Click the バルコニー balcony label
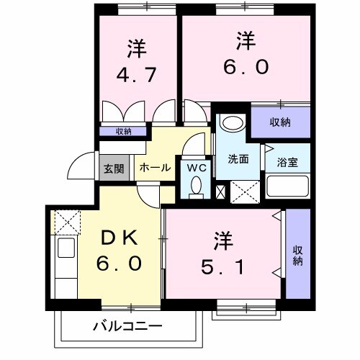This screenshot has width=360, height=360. [127, 326]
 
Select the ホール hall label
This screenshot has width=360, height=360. [154, 168]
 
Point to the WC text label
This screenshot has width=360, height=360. [195, 168]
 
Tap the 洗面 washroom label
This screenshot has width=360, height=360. [238, 159]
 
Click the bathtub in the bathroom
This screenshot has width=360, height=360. [287, 188]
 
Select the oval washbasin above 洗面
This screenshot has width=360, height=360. [232, 122]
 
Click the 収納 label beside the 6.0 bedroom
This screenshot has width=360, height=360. [281, 122]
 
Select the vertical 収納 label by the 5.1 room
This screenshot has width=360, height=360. [297, 256]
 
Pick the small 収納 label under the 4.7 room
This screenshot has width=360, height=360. [124, 131]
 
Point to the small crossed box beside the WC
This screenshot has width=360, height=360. [221, 192]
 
